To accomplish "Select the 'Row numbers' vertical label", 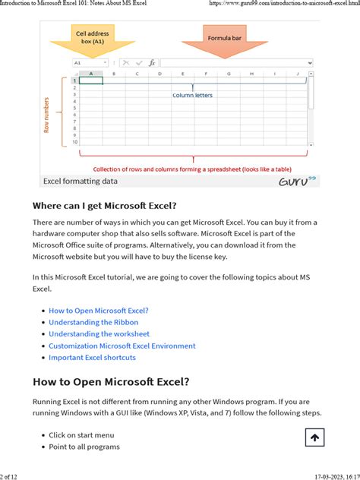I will click(x=47, y=115).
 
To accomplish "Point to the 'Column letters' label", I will click(x=192, y=95).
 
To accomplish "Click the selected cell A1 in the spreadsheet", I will click(x=91, y=81).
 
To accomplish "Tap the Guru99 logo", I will click(x=298, y=182).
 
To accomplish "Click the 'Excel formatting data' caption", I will click(x=81, y=182).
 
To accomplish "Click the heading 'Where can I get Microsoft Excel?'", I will click(x=104, y=206).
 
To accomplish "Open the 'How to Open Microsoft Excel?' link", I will click(x=99, y=311).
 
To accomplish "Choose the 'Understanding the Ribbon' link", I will click(x=93, y=322).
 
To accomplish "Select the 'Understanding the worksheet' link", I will click(x=99, y=333).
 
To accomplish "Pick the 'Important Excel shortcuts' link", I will click(x=92, y=357).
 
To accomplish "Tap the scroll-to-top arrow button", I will click(x=315, y=437).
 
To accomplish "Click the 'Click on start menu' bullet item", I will click(x=81, y=435).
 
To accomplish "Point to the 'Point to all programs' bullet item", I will click(x=84, y=447).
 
